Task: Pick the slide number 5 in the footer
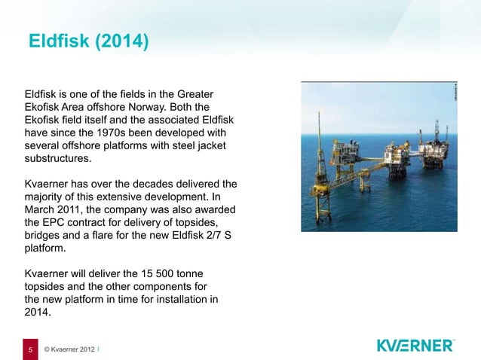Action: point(30,349)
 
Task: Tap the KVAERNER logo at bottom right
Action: point(415,346)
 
